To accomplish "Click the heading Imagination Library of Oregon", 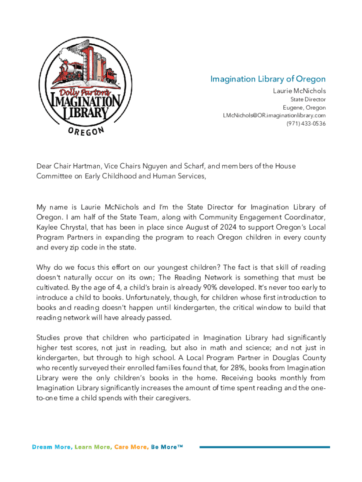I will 268,79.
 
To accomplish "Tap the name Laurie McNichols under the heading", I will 299,90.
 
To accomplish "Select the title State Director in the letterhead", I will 308,99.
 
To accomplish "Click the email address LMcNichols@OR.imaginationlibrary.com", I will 274,115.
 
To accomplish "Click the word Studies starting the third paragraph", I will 49,338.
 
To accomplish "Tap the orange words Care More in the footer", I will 131,447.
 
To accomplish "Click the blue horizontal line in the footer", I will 265,447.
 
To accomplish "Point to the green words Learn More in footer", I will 93,447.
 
